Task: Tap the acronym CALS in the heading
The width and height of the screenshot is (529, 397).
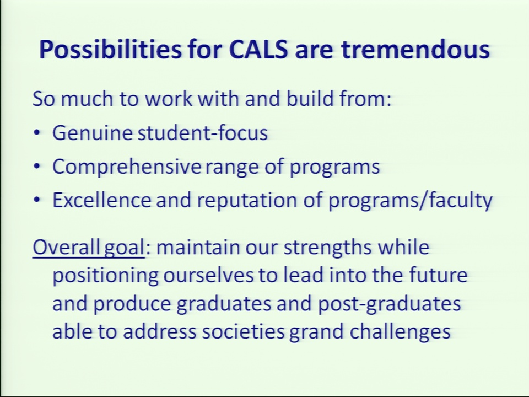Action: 258,50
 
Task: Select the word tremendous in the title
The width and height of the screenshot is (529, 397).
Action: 415,50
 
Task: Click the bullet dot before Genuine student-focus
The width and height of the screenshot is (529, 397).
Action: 37,132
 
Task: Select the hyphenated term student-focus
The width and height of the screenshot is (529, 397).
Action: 203,132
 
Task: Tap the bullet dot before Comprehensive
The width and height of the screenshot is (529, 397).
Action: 37,166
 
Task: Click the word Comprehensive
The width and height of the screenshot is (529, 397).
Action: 127,167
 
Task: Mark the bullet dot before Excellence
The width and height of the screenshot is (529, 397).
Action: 37,200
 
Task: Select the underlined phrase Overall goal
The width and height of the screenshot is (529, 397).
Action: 89,248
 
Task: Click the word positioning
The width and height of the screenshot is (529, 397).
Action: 105,276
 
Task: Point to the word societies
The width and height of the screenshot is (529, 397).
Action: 243,331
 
